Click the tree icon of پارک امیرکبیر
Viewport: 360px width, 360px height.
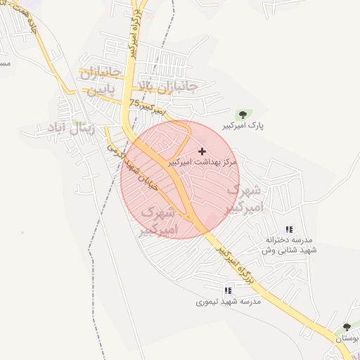pos(243,114)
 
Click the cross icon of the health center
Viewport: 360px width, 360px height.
pos(203,151)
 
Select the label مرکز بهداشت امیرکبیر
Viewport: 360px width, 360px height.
pos(203,162)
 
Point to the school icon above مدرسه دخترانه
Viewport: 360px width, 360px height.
pos(288,229)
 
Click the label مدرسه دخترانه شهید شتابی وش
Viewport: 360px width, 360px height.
pos(290,245)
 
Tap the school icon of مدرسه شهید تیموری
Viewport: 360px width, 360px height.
pos(227,290)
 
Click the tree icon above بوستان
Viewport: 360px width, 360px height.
pos(347,328)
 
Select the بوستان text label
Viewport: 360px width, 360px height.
pos(347,339)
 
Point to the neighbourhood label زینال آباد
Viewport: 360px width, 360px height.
pos(66,127)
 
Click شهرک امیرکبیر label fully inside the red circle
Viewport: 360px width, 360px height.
pos(159,220)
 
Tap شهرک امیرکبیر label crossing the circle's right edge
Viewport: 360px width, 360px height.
pos(245,199)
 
